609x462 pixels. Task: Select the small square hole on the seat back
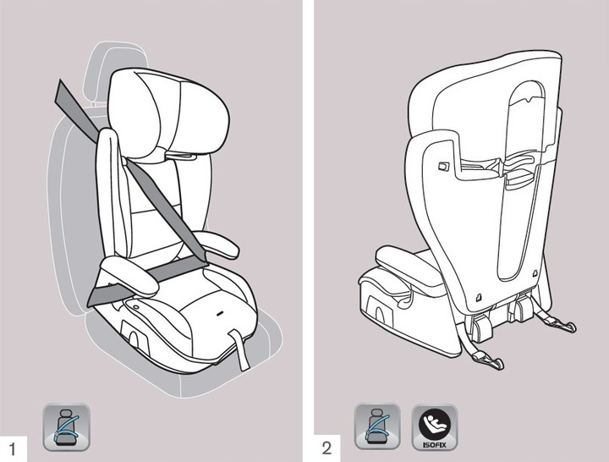[x=442, y=168]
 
